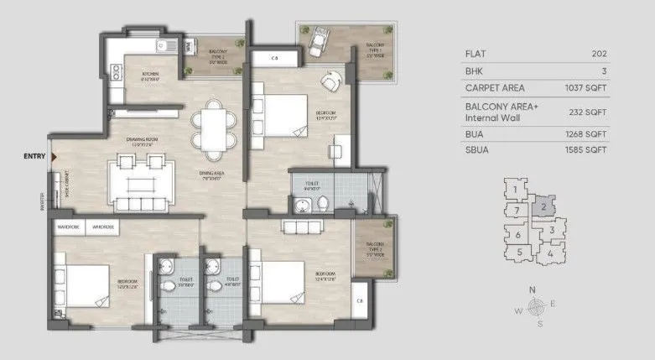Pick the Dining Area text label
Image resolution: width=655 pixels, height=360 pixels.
pyautogui.click(x=210, y=177)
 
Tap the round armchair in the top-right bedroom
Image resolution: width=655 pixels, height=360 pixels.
pyautogui.click(x=329, y=83)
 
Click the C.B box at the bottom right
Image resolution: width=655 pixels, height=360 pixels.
pyautogui.click(x=360, y=300)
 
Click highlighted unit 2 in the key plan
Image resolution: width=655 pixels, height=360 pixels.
pyautogui.click(x=543, y=206)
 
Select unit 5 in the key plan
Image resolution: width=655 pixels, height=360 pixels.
pyautogui.click(x=520, y=251)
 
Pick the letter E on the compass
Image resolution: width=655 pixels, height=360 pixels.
pyautogui.click(x=553, y=304)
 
